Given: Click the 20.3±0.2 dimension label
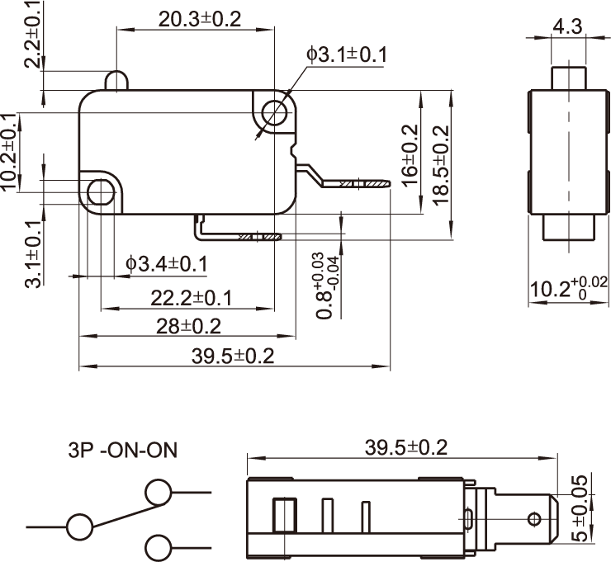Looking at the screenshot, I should click(x=200, y=20).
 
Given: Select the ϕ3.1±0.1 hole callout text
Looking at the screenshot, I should click(x=347, y=54).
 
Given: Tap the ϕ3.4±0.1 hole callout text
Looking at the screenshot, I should click(x=167, y=264).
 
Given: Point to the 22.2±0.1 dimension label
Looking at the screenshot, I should click(x=191, y=297).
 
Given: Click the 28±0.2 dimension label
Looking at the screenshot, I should click(x=189, y=327).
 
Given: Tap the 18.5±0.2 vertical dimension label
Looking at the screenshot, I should click(x=439, y=164).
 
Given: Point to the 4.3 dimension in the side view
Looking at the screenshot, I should click(x=567, y=26).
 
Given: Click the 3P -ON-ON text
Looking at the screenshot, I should click(x=122, y=451).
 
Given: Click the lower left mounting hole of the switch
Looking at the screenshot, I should click(x=100, y=191).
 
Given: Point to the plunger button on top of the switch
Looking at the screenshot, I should click(x=116, y=80).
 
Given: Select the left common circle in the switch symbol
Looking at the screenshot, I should click(x=80, y=527).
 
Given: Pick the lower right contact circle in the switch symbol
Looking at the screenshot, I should click(x=158, y=546).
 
